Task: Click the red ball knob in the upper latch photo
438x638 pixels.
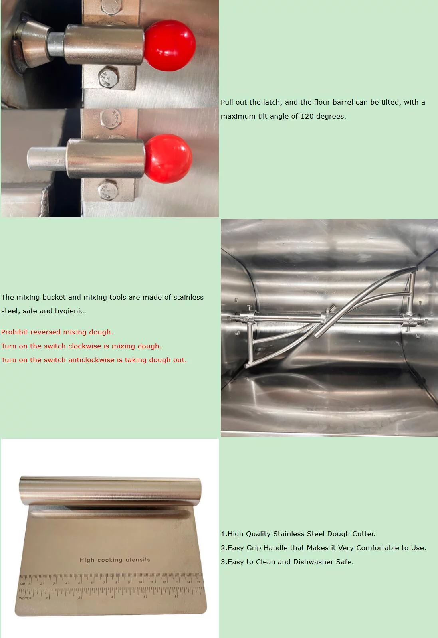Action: (x=169, y=44)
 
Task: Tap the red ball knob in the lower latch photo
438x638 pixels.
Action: (x=168, y=158)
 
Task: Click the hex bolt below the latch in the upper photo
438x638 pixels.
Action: (x=108, y=77)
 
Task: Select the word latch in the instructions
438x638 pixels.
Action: (x=271, y=102)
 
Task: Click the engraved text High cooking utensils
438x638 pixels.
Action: (x=115, y=560)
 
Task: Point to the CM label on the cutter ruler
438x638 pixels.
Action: (x=22, y=583)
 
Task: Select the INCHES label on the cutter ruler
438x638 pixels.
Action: (x=25, y=598)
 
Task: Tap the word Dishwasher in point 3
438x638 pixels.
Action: (x=313, y=562)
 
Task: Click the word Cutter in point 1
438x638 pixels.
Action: (x=363, y=534)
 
